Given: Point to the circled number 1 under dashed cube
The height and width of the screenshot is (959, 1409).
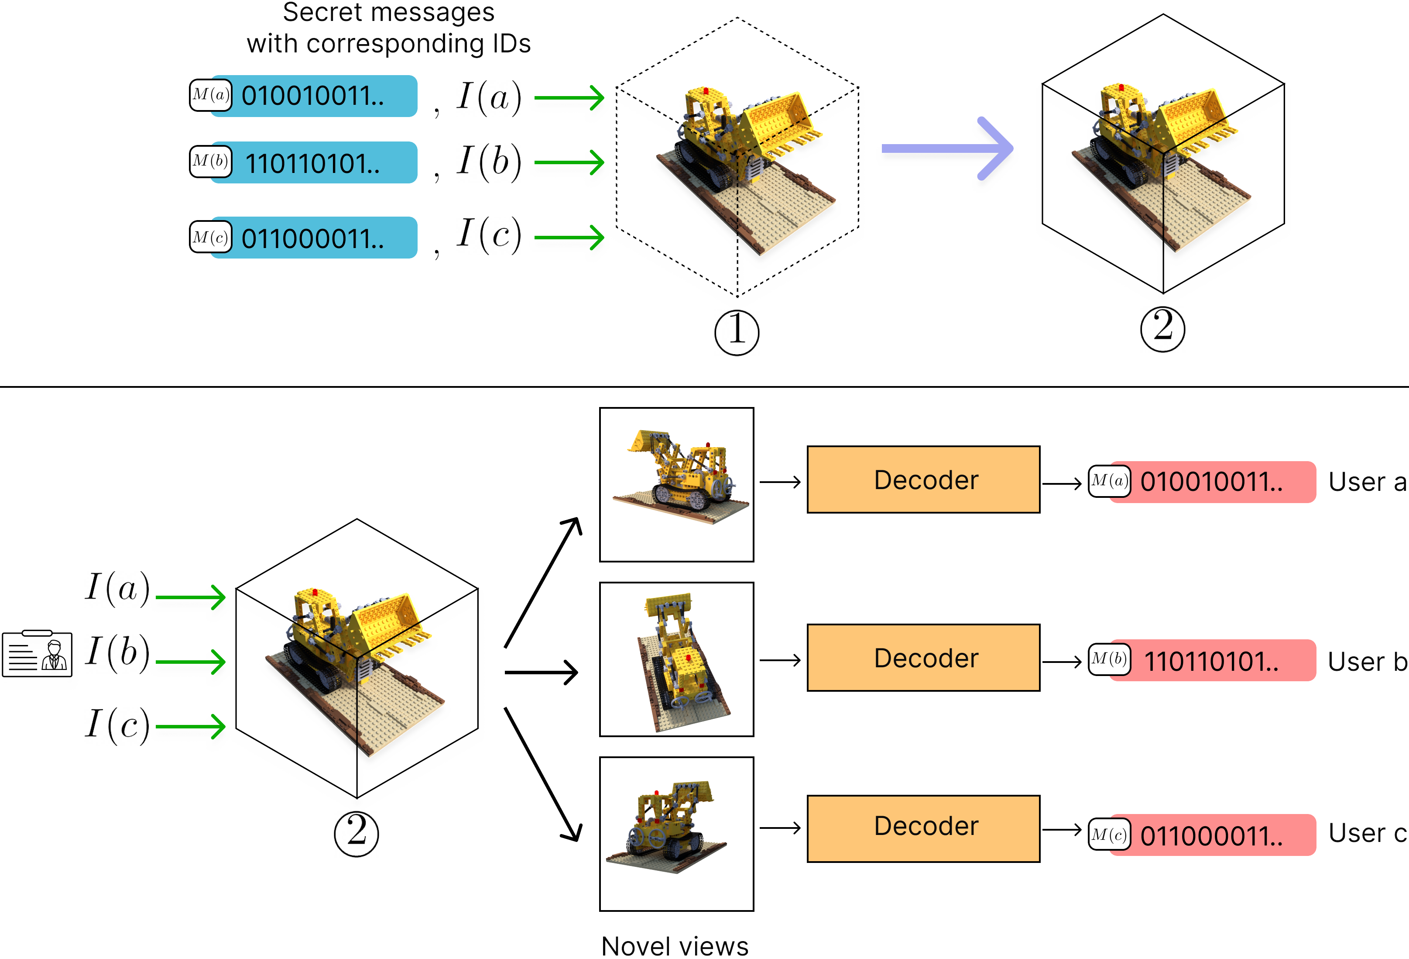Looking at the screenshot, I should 736,332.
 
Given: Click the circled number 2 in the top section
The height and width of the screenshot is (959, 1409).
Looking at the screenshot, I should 1162,329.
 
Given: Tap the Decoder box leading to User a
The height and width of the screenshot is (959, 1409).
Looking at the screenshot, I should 923,480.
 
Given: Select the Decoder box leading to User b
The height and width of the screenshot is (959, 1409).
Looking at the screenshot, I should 923,658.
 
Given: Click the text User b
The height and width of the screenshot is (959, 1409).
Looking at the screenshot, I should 1367,662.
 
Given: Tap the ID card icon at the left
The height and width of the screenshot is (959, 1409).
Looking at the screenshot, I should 38,654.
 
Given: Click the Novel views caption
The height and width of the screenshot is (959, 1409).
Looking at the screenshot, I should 675,945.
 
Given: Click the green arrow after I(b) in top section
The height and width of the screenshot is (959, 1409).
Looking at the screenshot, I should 569,162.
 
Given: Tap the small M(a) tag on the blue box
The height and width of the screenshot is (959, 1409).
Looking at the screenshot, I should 210,95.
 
